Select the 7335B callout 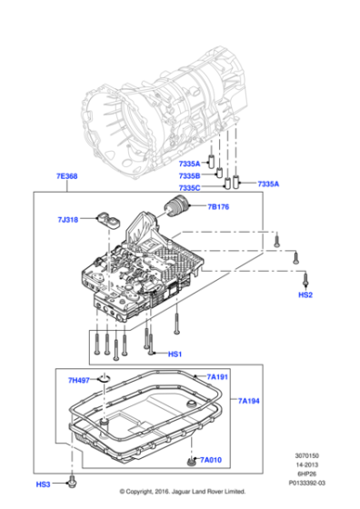[189, 175]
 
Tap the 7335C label [189, 188]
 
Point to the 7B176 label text [218, 207]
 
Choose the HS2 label [305, 295]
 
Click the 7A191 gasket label [217, 376]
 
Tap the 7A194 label [249, 400]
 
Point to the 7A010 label [210, 462]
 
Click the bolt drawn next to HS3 [72, 479]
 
